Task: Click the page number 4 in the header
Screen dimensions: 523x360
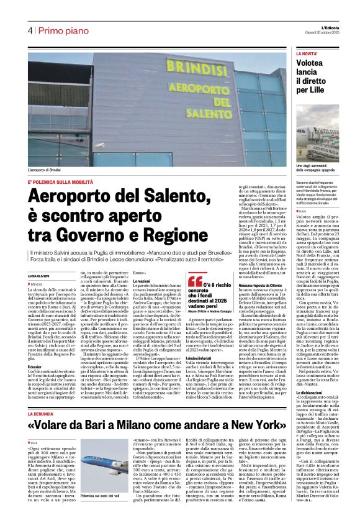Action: pos(30,31)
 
